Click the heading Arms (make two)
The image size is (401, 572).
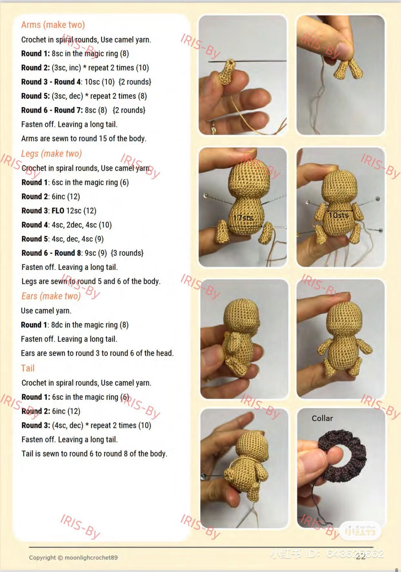coord(53,25)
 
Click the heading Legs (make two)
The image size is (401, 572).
coord(51,153)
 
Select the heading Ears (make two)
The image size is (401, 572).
coord(51,296)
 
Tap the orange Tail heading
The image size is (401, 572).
coord(28,368)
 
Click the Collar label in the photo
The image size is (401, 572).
coord(322,418)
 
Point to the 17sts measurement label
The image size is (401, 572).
coord(243,218)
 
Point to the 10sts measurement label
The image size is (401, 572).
coord(338,215)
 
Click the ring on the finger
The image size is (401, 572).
coord(213,127)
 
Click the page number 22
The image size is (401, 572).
coord(360,556)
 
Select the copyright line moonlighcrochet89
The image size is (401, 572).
coord(73,557)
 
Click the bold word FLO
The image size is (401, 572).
coord(58,211)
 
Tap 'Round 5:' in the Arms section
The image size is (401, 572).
coord(36,96)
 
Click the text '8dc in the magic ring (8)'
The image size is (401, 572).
coord(90,325)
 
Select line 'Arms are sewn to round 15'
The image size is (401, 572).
coord(84,139)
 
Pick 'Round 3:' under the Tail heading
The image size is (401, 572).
coord(36,425)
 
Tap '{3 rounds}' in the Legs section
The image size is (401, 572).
coord(127,253)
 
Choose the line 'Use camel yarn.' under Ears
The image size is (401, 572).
coord(46,311)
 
